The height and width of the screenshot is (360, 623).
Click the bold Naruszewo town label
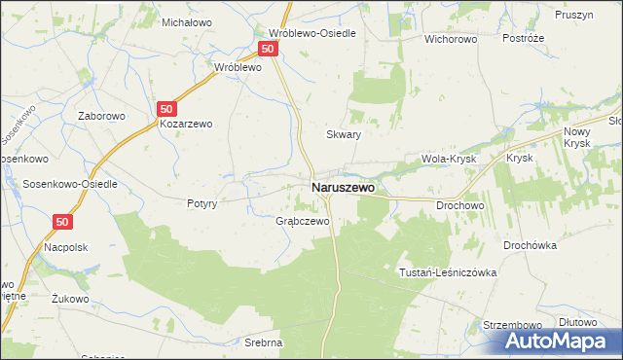click(x=342, y=187)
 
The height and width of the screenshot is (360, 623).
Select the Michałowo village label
click(x=187, y=21)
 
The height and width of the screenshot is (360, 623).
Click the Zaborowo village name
click(x=104, y=114)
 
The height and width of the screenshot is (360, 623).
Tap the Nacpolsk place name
click(x=65, y=247)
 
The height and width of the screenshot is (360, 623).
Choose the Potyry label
click(x=202, y=204)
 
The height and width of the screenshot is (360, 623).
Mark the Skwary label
click(x=344, y=135)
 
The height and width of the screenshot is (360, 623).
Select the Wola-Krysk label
click(x=446, y=158)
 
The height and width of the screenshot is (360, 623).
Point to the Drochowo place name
click(x=460, y=205)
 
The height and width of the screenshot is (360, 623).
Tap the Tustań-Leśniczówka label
click(x=448, y=273)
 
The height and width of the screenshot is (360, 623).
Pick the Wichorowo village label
click(x=449, y=40)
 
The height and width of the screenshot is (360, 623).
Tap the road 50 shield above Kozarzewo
click(x=167, y=109)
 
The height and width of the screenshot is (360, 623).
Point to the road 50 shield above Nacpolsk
click(x=62, y=222)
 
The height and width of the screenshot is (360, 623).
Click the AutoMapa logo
click(x=559, y=341)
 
